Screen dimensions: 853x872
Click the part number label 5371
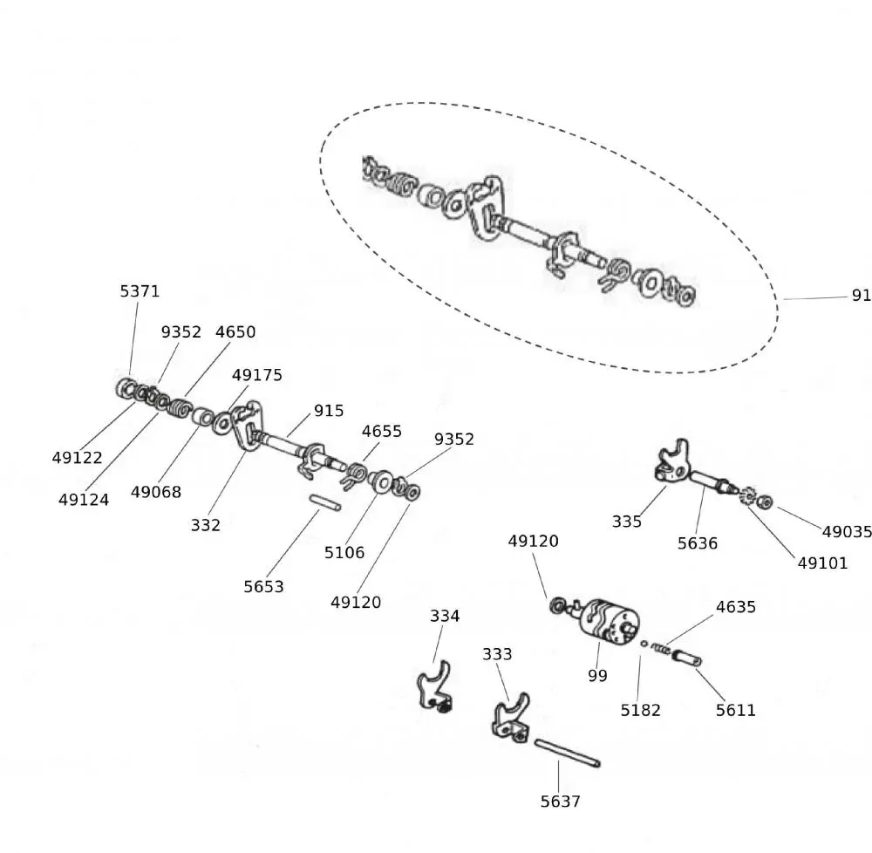pos(140,291)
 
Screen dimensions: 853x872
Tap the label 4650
pos(235,332)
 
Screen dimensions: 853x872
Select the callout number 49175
pos(257,375)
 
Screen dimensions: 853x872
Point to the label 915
pos(329,411)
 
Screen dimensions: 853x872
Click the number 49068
pos(156,492)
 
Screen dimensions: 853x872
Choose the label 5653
pos(263,587)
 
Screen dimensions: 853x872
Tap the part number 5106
pos(344,552)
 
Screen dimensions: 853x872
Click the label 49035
pos(847,532)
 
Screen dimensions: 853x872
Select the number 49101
pos(822,563)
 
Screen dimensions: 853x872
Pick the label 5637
pos(560,802)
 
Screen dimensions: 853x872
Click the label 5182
pos(641,710)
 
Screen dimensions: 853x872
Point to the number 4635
pos(736,607)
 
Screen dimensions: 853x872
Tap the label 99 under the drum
pos(597,676)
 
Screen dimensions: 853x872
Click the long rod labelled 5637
pos(567,754)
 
